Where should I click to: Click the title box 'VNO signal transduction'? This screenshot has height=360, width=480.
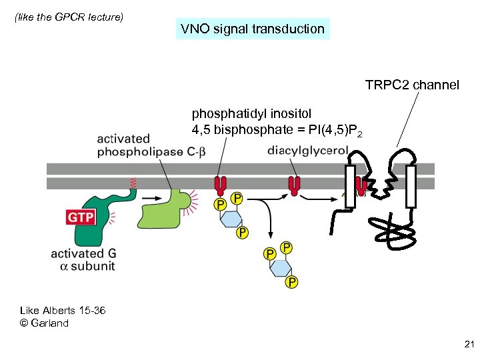(253, 29)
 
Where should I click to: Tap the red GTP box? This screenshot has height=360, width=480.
(80, 217)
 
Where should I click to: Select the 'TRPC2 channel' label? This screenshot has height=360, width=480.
(411, 85)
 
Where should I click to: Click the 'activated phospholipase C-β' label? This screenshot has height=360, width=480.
(151, 145)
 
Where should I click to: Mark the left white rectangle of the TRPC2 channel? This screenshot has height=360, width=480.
(350, 186)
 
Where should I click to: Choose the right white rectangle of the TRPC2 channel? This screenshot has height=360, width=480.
(411, 186)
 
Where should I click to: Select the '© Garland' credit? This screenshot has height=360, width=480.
(44, 323)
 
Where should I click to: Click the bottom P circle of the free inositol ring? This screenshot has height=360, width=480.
(291, 283)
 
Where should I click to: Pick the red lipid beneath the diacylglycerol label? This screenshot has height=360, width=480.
(294, 185)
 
